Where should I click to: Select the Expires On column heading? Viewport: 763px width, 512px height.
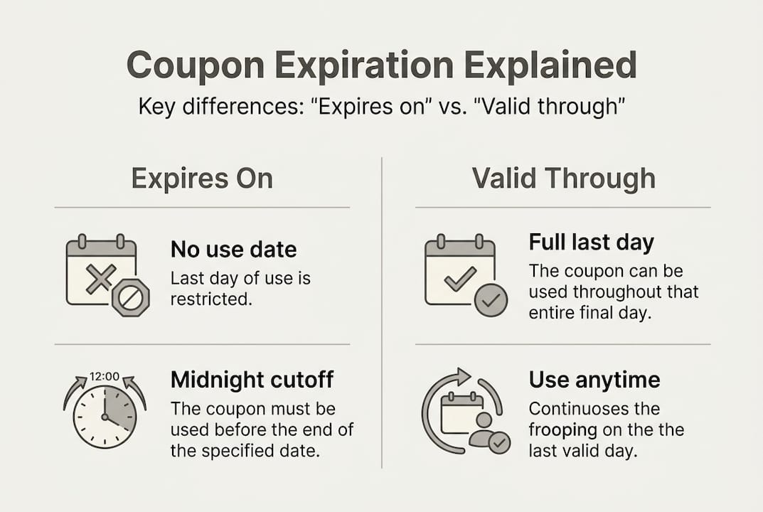point(202,178)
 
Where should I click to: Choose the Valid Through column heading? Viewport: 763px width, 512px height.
point(563,178)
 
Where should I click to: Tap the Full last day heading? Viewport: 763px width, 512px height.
point(591,242)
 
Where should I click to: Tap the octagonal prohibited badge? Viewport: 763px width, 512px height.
point(130,297)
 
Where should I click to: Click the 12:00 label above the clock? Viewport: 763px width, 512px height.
point(104,376)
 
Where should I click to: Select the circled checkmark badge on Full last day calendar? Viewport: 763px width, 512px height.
point(490,299)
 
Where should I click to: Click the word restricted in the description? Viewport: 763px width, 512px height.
point(211,299)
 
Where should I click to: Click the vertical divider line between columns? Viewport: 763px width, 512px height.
point(382,313)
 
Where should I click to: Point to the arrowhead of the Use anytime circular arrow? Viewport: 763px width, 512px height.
point(464,374)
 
